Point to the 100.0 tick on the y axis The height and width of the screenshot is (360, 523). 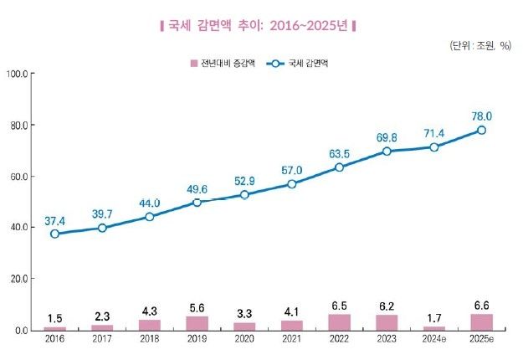(18, 75)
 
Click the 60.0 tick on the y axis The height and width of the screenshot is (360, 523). (18, 177)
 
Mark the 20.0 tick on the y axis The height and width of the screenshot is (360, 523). (18, 279)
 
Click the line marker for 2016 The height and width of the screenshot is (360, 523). (55, 234)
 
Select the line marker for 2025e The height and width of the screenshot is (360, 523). (482, 130)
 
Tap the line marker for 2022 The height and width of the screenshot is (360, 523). (340, 167)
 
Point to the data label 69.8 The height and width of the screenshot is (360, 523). (386, 136)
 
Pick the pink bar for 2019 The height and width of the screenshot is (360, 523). (197, 323)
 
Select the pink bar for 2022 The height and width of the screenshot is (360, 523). (340, 321)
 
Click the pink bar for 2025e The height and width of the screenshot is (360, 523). (482, 321)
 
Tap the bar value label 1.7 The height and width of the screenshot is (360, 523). (434, 317)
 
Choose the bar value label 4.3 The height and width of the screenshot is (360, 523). (150, 311)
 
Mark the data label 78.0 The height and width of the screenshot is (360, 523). (482, 116)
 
